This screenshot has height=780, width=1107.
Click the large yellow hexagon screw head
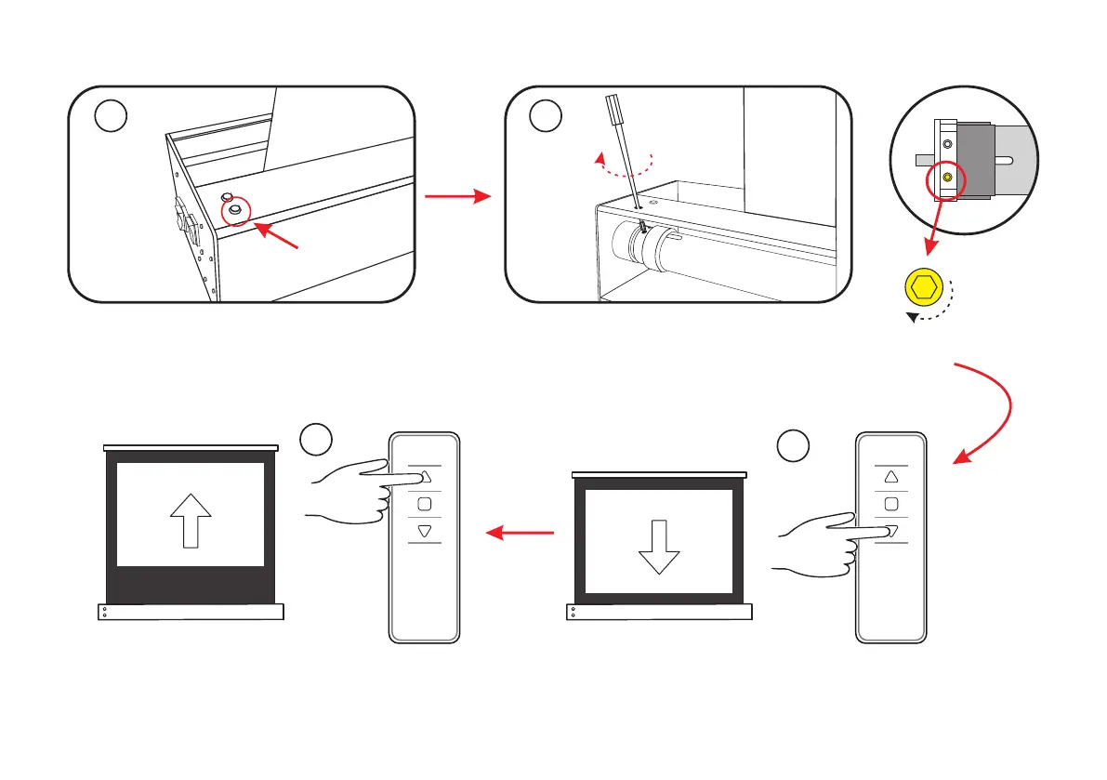click(923, 289)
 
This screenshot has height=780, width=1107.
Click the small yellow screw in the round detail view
click(947, 176)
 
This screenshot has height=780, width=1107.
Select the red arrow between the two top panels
click(456, 196)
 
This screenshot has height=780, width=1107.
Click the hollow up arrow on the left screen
click(191, 518)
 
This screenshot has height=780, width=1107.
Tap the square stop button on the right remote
click(890, 504)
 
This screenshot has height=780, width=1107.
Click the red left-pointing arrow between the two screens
click(521, 534)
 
